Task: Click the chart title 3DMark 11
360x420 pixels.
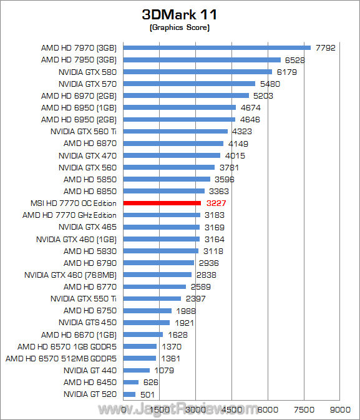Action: (179, 14)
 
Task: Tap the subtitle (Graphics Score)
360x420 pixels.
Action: (180, 27)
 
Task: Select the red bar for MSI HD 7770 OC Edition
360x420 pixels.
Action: (162, 203)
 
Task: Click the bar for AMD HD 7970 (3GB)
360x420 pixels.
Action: (217, 47)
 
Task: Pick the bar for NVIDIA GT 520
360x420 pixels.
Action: (129, 394)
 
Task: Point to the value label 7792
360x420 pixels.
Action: (326, 47)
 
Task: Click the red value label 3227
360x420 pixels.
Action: (216, 203)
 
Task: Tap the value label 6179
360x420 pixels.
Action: (286, 72)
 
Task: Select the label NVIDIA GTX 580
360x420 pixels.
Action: (87, 72)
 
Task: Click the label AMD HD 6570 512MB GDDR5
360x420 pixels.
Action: (61, 358)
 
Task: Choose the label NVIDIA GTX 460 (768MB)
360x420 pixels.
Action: (71, 275)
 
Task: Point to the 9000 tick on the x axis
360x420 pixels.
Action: (340, 409)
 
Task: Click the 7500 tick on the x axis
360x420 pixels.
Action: (304, 409)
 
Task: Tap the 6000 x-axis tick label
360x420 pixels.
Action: (268, 409)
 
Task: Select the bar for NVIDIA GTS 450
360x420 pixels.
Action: (147, 323)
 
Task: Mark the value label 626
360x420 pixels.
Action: (151, 382)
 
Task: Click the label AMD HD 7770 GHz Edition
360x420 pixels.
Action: (69, 215)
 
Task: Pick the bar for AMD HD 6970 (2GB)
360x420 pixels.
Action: (186, 95)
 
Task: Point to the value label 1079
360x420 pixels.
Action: (164, 371)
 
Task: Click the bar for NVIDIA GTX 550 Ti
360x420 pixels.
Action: (152, 299)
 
